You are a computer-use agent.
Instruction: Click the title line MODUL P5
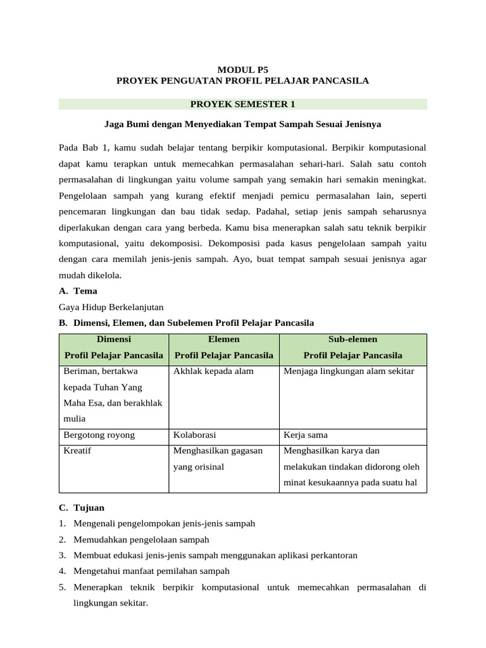coord(242,70)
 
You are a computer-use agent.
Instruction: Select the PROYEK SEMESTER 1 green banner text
coord(242,104)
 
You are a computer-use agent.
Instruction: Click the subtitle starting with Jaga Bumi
coord(242,124)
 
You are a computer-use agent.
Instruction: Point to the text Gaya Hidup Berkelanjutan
coord(111,307)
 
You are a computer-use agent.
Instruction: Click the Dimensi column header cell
coord(113,347)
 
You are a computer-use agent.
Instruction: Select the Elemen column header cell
coord(223,347)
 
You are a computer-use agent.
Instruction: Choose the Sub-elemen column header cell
coord(352,347)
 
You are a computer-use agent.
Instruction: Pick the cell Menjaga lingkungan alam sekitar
coord(349,371)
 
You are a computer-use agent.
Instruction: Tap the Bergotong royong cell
coord(99,435)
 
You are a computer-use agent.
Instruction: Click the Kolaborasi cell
coord(195,435)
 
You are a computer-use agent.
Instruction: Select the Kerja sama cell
coord(306,435)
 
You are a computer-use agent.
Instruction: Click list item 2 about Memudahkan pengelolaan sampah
coord(141,540)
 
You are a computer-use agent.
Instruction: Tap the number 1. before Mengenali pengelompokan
coord(63,524)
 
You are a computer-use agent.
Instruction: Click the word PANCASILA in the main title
coord(341,81)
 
